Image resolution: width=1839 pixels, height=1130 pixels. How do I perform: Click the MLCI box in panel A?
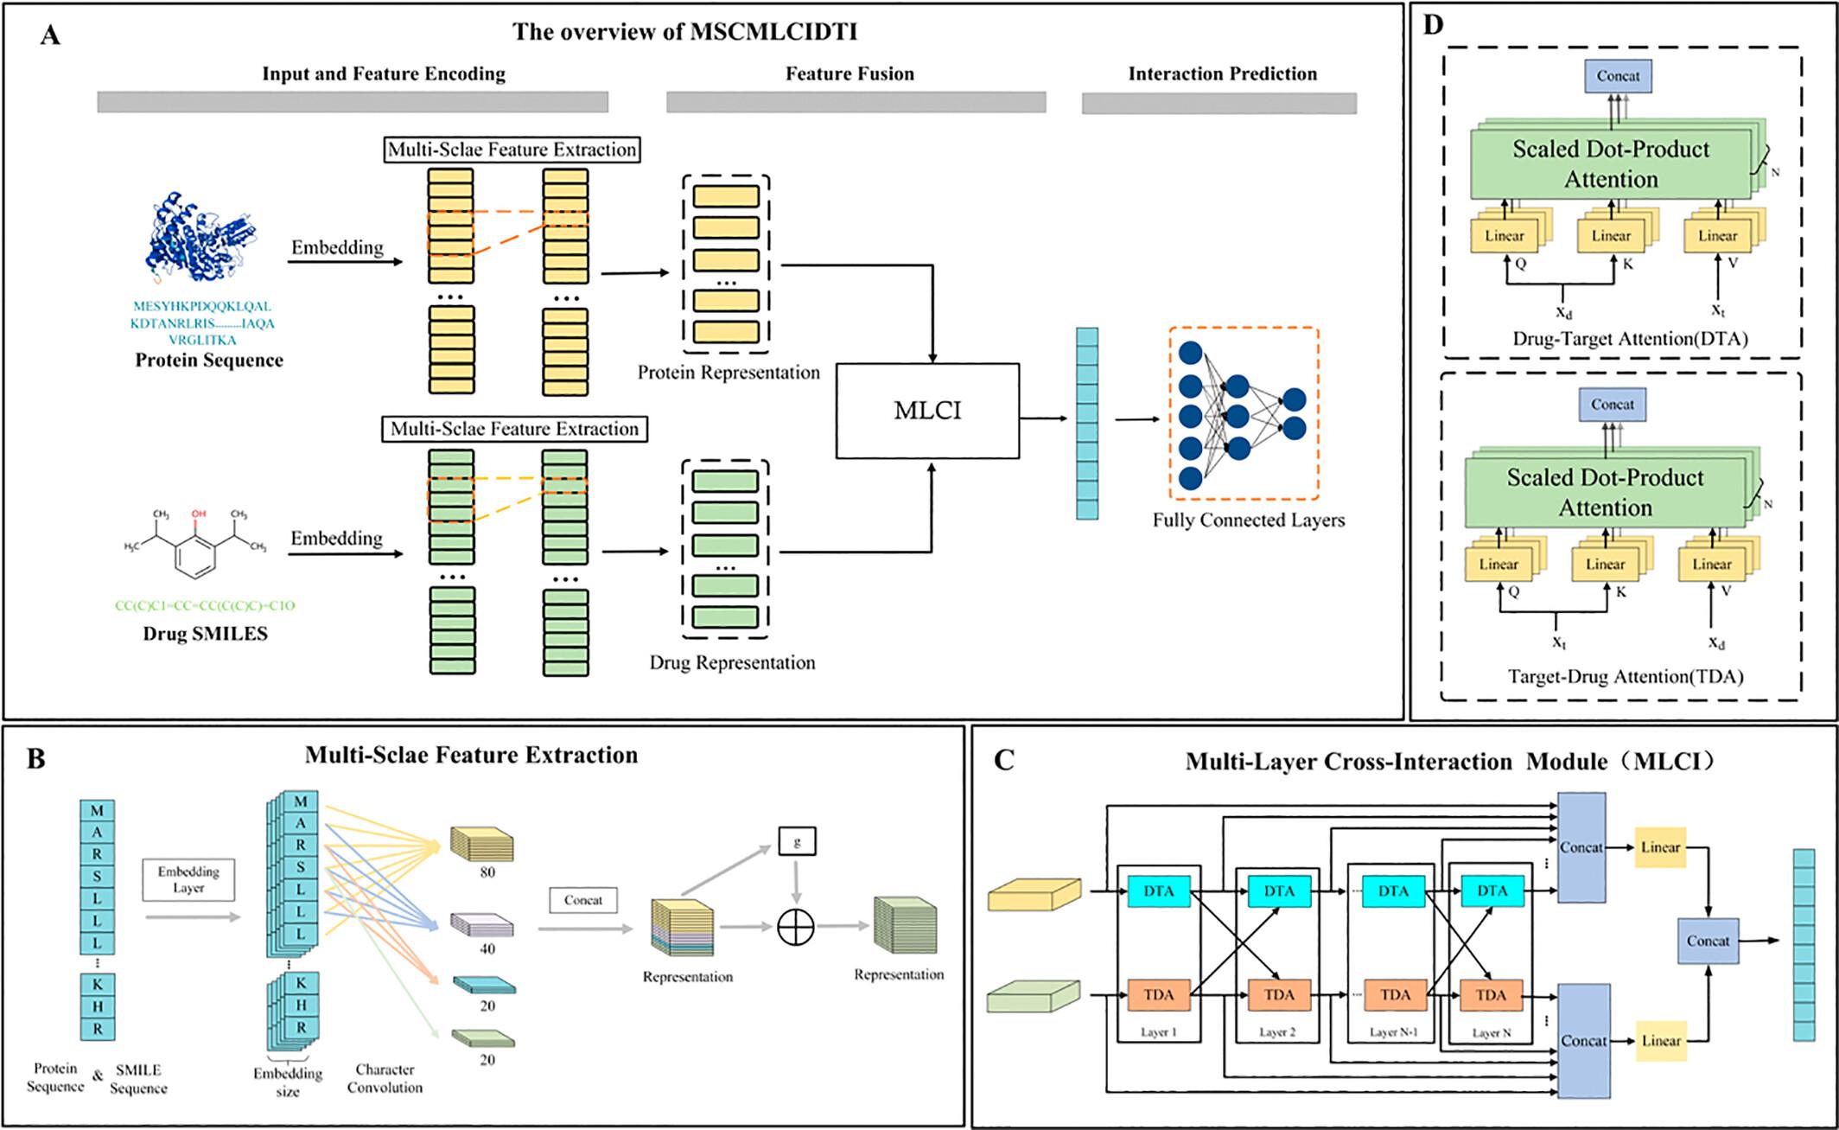pos(927,411)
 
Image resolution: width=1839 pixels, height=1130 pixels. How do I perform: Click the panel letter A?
pos(50,35)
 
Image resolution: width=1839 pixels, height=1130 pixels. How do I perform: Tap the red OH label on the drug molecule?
pos(199,514)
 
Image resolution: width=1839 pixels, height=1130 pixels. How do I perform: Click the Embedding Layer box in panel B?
pos(188,879)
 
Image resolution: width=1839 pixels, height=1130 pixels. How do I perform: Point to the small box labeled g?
pos(797,840)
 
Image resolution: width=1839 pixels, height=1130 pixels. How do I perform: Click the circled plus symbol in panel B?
pos(796,927)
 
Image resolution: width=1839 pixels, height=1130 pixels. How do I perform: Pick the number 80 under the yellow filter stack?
pos(487,872)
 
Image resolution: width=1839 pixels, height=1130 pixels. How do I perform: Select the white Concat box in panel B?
pos(583,900)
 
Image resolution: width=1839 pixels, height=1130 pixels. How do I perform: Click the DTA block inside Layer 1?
pos(1159,891)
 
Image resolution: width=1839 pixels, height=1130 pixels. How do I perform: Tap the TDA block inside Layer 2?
pos(1279,995)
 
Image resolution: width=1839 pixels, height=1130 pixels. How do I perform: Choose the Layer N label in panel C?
pos(1492,1032)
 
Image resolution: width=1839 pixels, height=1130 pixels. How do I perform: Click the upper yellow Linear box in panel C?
pos(1660,847)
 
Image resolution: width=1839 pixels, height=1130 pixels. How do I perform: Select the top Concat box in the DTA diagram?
pos(1618,76)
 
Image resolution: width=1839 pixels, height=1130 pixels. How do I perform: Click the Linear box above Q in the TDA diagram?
pos(1498,565)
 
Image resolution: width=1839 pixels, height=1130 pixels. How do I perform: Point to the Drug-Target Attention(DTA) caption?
pos(1630,339)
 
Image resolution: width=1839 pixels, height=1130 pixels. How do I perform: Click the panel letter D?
pos(1433,25)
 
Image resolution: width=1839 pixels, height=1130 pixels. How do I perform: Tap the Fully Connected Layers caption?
pos(1248,520)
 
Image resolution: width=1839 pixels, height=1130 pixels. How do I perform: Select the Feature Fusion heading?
pos(850,74)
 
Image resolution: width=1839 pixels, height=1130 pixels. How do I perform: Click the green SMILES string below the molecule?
pos(205,606)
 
